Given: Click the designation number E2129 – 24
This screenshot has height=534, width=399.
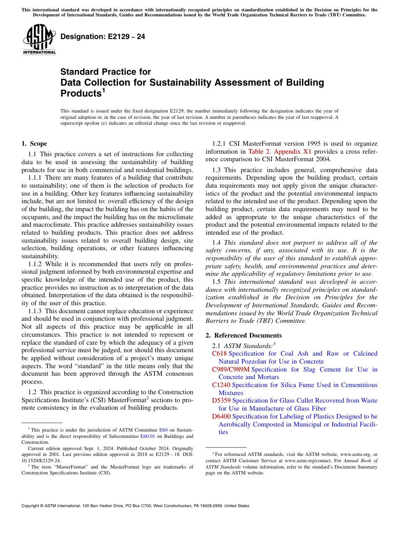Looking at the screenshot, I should [103, 37].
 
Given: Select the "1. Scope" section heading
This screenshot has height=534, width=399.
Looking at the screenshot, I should [34, 144].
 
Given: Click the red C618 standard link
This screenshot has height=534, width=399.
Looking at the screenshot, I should [219, 353].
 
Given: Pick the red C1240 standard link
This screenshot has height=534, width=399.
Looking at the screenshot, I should [221, 385].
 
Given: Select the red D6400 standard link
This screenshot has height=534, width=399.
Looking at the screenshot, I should [221, 416].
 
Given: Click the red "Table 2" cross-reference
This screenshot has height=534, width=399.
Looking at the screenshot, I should [260, 152].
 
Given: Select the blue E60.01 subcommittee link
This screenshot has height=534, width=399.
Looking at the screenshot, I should [146, 436].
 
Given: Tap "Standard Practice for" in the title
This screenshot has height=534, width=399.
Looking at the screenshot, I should [105, 72].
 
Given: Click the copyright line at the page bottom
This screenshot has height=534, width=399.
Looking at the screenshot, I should [135, 506].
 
